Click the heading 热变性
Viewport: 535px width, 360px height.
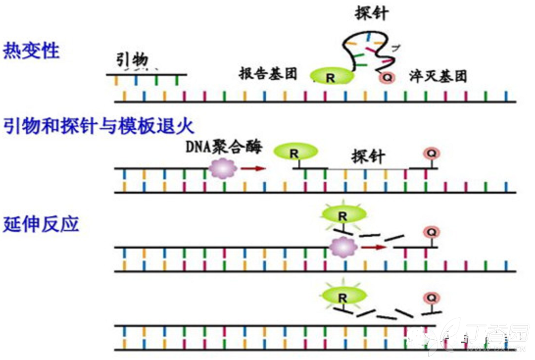click(x=31, y=50)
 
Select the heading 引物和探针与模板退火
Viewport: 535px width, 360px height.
click(x=99, y=127)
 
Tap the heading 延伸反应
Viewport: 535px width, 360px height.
click(x=41, y=224)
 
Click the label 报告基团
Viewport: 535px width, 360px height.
click(x=268, y=74)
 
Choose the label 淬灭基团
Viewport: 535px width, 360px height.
click(x=438, y=76)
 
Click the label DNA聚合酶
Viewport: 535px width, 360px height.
click(x=224, y=147)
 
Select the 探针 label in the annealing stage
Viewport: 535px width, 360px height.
click(x=368, y=156)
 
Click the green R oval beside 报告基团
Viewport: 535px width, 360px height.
click(x=331, y=77)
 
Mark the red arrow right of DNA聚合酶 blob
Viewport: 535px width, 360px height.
click(x=253, y=168)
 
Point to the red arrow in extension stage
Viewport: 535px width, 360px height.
click(x=374, y=247)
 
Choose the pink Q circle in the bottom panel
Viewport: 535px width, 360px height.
click(x=432, y=296)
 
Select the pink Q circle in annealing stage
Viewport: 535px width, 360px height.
click(x=432, y=153)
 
